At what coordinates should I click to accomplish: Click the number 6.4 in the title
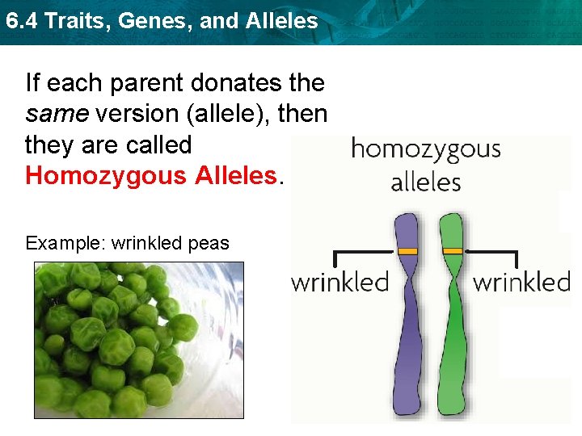point(22,21)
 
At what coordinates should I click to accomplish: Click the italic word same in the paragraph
point(57,114)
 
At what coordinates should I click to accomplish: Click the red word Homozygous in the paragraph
point(108,176)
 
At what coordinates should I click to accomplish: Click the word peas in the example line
point(209,244)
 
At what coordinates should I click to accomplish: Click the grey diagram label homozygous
point(425,150)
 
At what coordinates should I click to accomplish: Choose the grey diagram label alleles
point(425,182)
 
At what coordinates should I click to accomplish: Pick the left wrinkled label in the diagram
point(339,283)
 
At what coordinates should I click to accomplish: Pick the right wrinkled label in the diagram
point(521,283)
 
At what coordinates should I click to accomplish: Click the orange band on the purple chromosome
point(407,252)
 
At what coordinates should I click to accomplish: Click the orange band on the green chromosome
point(453,252)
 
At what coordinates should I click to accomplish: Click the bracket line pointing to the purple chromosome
point(364,253)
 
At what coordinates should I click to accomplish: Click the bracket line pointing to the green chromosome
point(493,253)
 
